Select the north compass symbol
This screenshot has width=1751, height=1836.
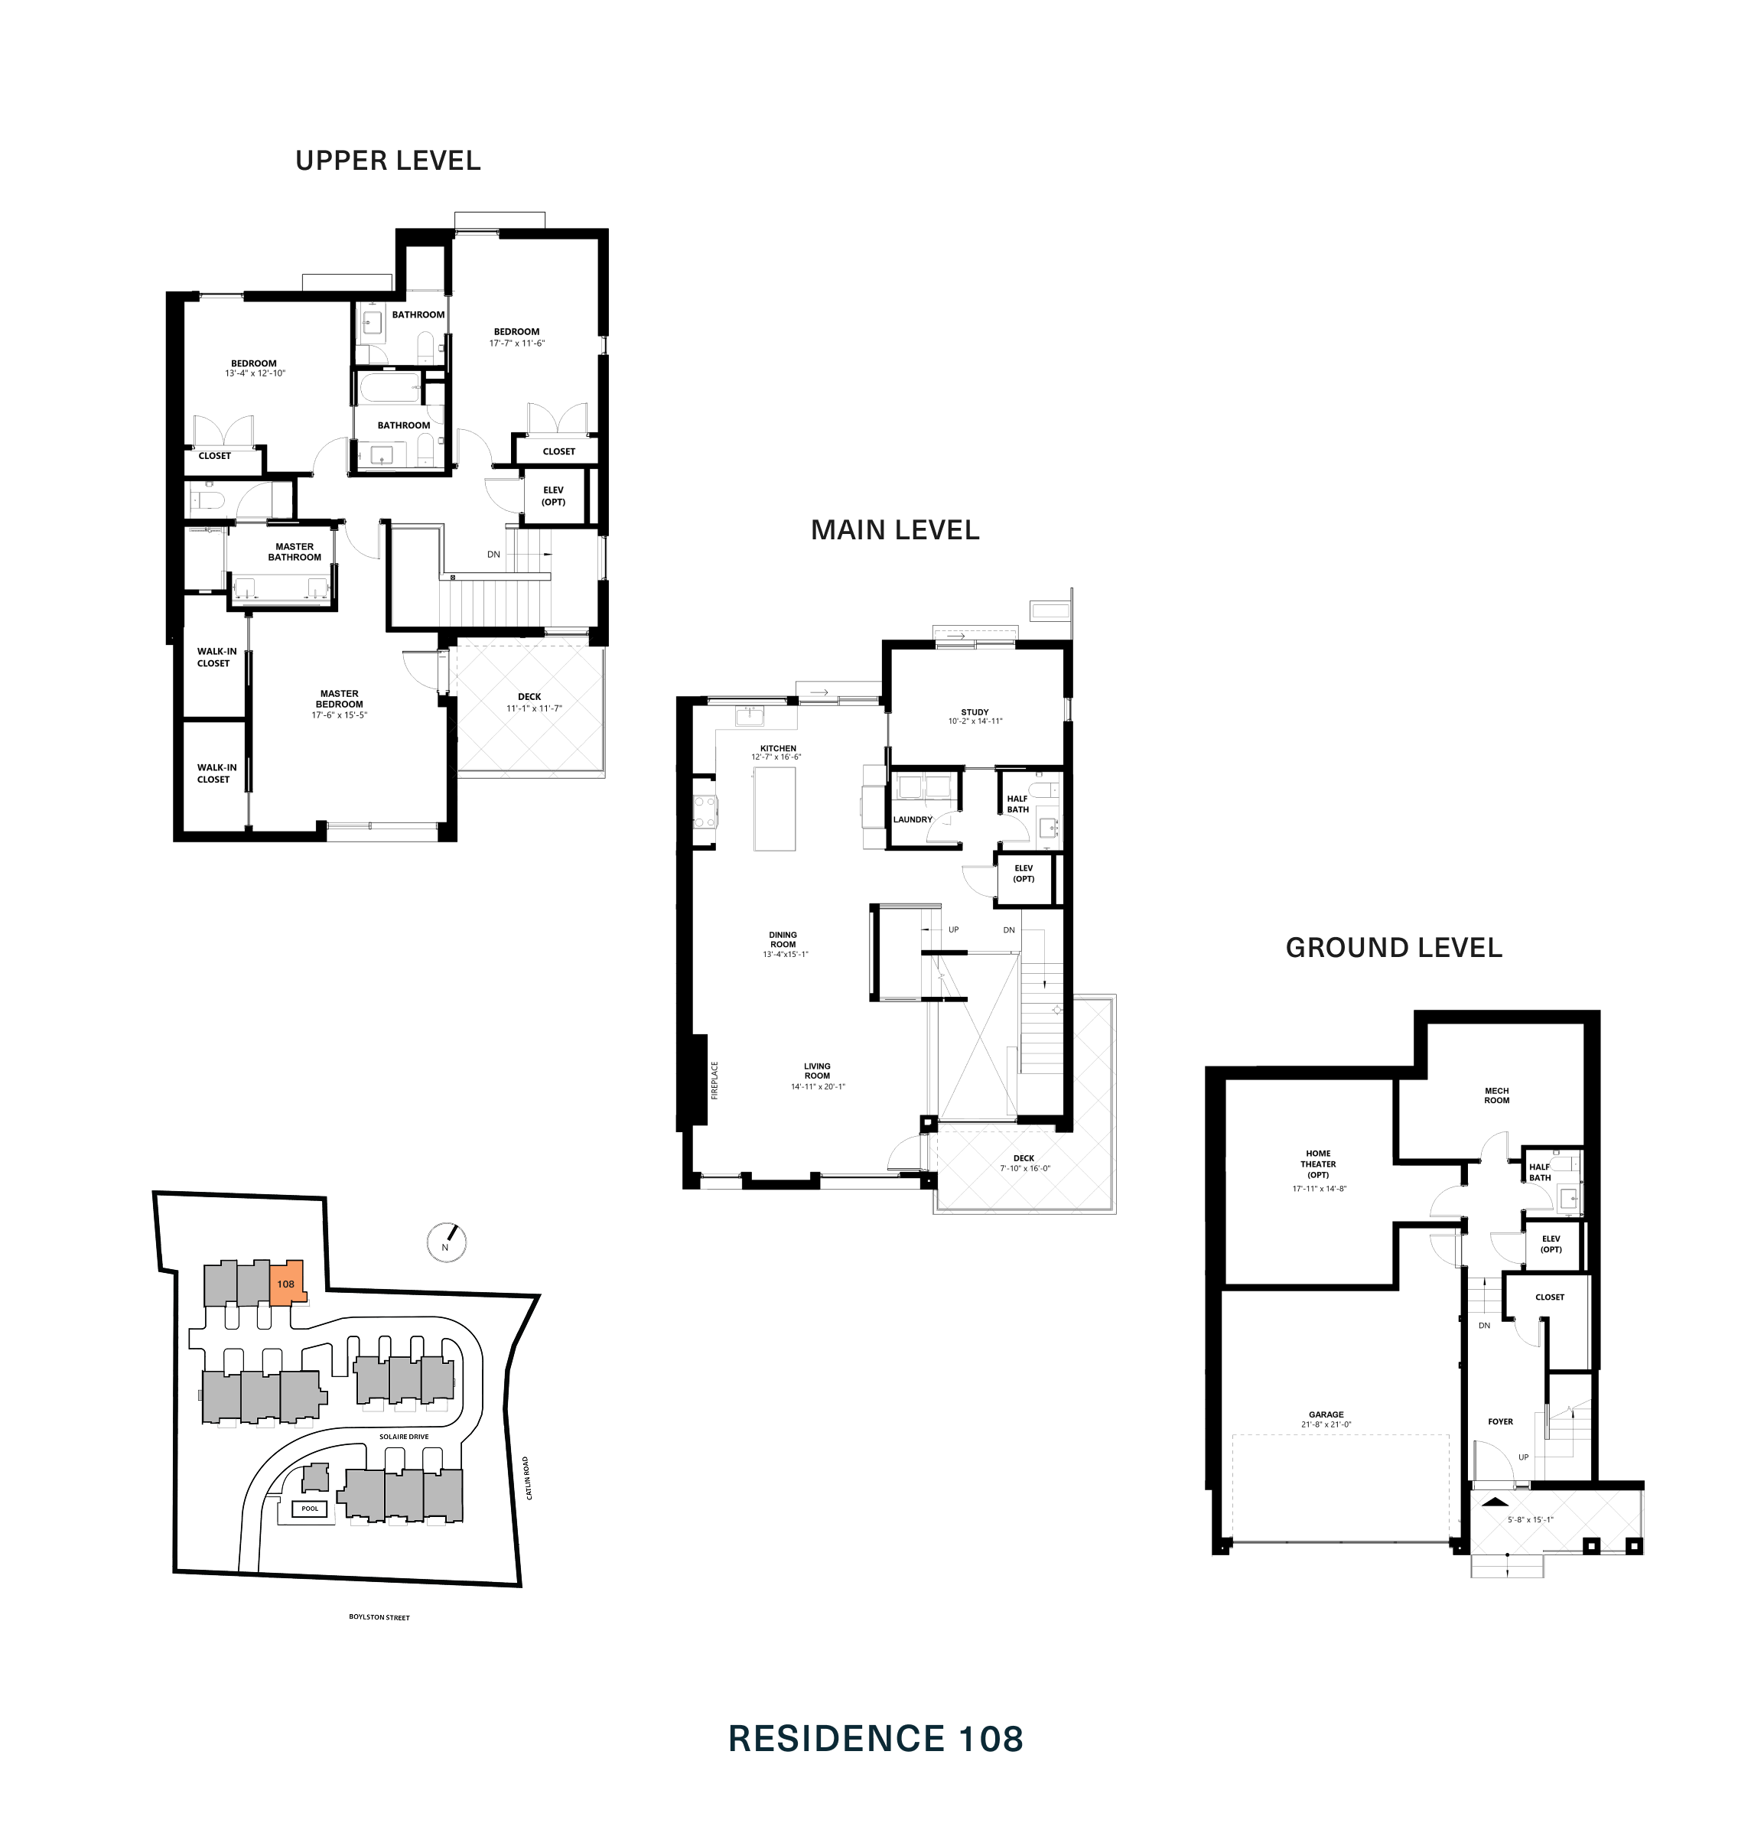pos(446,1242)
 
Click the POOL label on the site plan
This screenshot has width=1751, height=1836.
pos(310,1509)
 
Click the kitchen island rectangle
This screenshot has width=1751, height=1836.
pos(775,809)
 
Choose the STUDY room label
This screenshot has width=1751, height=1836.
pos(975,712)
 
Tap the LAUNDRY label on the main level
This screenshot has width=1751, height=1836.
pos(913,819)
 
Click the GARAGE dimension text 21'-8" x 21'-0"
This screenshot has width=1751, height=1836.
pos(1326,1424)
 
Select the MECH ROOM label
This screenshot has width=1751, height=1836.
pos(1496,1095)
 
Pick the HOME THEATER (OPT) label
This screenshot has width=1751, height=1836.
pos(1318,1164)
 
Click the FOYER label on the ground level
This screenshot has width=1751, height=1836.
pos(1500,1421)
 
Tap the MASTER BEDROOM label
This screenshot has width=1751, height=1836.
pos(340,699)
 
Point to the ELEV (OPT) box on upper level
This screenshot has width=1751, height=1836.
pos(554,496)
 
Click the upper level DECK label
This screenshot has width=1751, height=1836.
pos(529,696)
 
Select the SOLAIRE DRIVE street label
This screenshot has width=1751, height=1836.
pos(403,1437)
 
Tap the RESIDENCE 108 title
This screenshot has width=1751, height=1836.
pos(875,1739)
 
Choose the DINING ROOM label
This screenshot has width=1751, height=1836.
pos(783,939)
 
